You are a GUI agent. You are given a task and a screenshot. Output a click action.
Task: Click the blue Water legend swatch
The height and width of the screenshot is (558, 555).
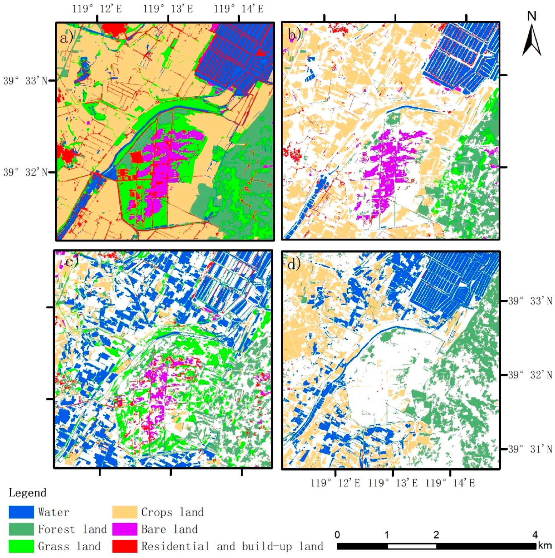[x=21, y=512]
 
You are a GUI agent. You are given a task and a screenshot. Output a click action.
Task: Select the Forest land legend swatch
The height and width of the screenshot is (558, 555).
[x=21, y=529]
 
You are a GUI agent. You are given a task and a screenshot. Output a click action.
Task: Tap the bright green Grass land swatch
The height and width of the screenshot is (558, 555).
[x=21, y=546]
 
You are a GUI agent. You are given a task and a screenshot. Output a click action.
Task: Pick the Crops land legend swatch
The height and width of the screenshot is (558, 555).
[x=125, y=512]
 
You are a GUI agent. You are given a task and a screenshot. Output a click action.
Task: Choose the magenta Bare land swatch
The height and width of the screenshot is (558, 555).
[x=125, y=529]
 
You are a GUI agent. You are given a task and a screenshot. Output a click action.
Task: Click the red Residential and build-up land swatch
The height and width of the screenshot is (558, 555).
[x=125, y=546]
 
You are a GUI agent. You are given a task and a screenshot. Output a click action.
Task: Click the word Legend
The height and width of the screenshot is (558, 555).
[x=27, y=493]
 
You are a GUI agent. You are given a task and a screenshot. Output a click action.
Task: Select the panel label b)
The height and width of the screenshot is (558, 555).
[x=294, y=34]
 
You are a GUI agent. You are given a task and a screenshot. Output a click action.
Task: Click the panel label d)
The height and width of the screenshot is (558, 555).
[x=294, y=264]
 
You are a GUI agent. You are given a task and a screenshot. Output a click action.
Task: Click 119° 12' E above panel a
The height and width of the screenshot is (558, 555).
[x=97, y=9]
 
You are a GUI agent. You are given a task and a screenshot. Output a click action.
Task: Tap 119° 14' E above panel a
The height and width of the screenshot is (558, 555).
[x=238, y=9]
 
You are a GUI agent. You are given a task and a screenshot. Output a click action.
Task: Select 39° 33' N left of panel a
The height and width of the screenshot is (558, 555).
[x=25, y=81]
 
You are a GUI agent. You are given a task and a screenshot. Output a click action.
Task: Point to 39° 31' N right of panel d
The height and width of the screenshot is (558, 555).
[x=530, y=449]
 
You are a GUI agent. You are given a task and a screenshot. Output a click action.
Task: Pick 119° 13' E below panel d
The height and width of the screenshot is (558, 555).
[x=393, y=483]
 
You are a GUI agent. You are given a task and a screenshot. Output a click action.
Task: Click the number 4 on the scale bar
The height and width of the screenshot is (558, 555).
[x=535, y=535]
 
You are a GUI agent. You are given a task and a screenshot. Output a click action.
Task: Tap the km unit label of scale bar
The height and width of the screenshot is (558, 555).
[x=545, y=546]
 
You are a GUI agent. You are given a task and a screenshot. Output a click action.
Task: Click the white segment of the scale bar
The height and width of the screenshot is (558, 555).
[x=412, y=546]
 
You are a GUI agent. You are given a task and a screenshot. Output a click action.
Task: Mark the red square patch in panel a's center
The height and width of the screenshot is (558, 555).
[x=136, y=157]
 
